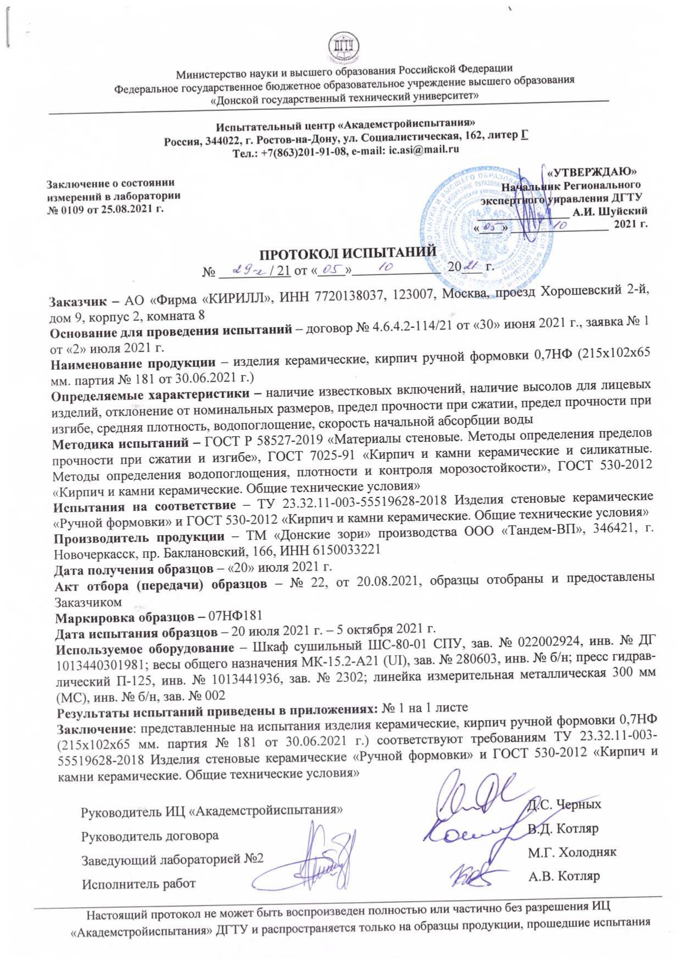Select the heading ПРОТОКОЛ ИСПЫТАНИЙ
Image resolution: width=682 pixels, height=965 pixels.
(348, 254)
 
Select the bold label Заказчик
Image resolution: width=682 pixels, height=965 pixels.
(76, 301)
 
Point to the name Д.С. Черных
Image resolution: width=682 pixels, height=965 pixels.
(564, 804)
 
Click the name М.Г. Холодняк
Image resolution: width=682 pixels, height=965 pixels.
(572, 852)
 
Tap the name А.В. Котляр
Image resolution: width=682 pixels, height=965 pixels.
(564, 876)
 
